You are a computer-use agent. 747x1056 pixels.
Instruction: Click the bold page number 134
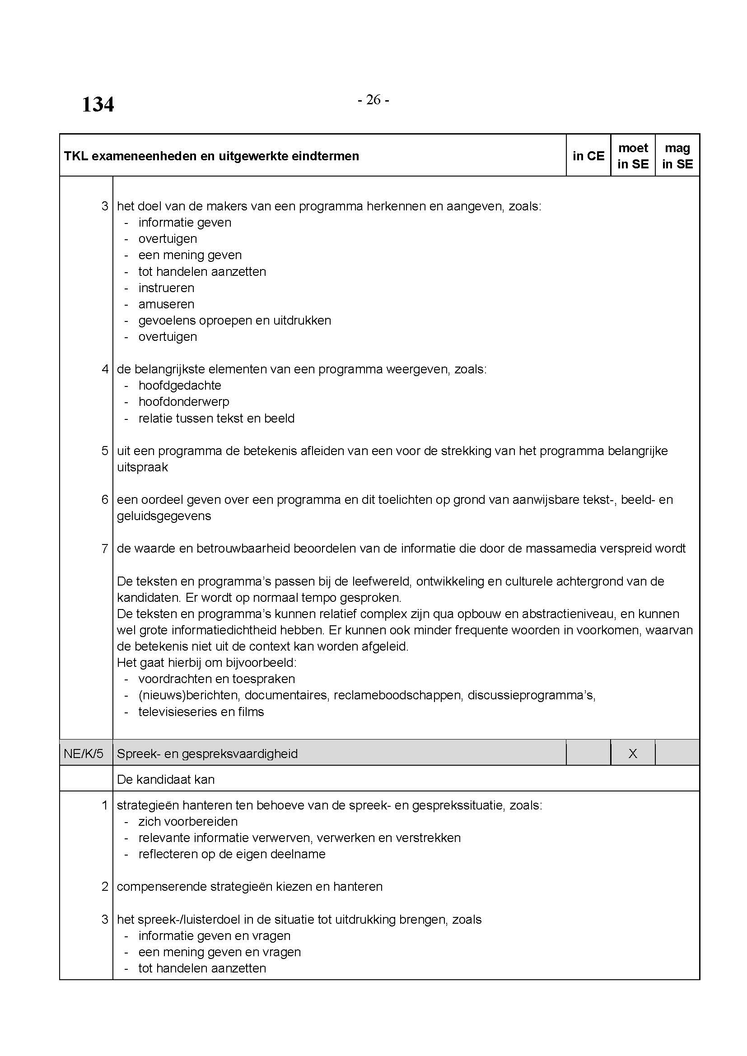98,104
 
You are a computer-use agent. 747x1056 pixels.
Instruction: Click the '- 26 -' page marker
373,100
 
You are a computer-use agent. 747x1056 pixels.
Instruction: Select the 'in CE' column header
588,156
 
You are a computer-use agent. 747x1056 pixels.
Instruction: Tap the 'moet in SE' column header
633,156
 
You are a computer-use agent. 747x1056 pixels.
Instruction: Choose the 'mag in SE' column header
677,156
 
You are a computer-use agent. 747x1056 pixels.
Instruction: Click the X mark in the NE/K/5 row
633,754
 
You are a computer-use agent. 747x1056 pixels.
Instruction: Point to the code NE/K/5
84,754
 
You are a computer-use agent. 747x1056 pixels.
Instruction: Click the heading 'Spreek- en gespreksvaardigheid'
207,754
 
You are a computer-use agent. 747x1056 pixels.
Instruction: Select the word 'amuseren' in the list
166,304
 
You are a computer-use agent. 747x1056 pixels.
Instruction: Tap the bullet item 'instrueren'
166,288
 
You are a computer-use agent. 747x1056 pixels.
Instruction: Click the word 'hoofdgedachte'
180,386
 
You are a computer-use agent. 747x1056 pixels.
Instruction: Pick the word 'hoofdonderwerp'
183,401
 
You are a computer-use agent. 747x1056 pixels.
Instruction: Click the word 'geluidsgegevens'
164,516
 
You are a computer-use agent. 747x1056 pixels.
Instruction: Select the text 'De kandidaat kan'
166,779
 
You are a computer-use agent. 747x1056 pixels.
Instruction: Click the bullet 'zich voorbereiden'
188,821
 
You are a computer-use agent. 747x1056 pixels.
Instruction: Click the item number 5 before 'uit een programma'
105,451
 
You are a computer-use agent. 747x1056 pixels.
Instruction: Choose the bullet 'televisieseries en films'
201,712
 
